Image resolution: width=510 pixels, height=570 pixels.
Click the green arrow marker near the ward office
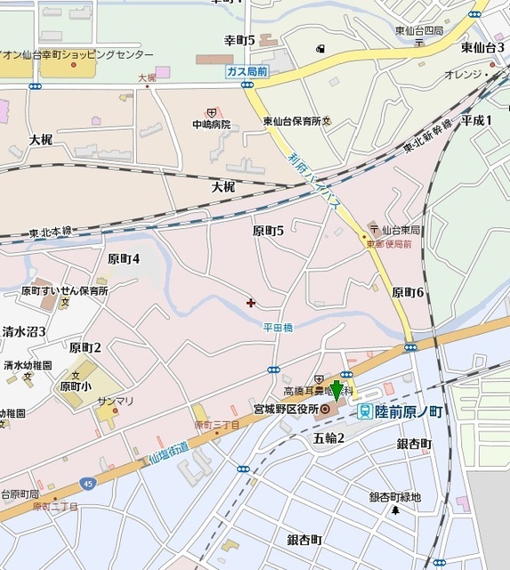click(x=336, y=391)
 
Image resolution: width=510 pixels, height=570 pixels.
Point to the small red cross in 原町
click(x=250, y=303)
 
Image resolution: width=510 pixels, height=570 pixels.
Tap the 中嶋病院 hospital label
click(x=212, y=125)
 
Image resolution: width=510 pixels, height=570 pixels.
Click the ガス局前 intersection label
click(x=247, y=70)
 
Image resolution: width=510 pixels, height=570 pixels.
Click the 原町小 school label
click(x=76, y=387)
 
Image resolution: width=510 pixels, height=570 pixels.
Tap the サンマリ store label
click(x=117, y=401)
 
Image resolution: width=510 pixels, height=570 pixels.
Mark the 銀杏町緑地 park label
click(x=395, y=498)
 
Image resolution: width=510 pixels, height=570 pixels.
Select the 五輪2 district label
click(x=329, y=438)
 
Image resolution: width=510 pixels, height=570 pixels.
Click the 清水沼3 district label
click(x=24, y=331)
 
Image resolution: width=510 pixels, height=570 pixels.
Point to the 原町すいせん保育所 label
click(x=64, y=291)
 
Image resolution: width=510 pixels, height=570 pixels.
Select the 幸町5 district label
click(x=239, y=40)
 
